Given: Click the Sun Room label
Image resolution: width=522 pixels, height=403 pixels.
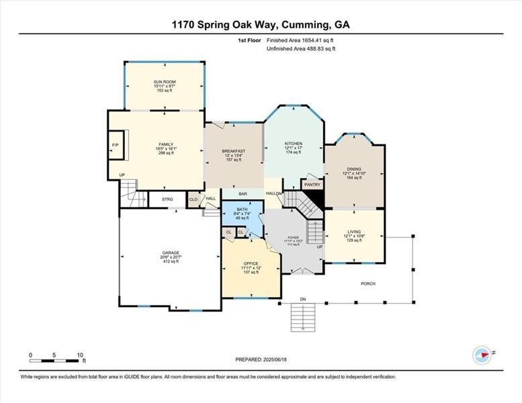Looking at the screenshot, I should point(165,82).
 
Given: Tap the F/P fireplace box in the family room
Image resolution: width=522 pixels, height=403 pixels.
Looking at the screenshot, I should point(116,146).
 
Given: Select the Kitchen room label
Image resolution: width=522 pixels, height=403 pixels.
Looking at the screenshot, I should point(294,144).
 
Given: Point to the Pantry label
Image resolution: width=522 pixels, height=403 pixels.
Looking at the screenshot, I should point(312,184).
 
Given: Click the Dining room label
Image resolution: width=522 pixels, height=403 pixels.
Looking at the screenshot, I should point(354,169).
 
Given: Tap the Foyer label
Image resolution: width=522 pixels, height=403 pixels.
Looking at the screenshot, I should point(293,238).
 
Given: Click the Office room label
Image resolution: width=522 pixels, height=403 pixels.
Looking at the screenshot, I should point(251,263).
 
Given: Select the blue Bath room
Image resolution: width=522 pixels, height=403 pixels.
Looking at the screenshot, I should point(242,214).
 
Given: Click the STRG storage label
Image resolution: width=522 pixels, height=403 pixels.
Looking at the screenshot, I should point(167,199).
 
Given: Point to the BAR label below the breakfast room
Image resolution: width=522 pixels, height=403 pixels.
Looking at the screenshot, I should point(243,194).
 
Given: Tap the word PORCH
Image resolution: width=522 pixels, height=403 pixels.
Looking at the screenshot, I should point(368,283).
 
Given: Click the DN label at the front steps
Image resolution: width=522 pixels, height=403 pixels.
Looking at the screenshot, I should point(302,299).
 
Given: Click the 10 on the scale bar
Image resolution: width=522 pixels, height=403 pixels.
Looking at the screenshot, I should point(80,355).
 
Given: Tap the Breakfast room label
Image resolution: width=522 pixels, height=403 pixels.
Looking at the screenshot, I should point(233,151).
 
